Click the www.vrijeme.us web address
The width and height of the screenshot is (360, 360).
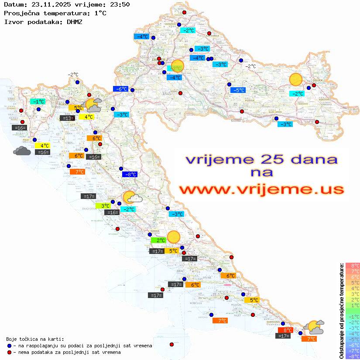click(x=261, y=189)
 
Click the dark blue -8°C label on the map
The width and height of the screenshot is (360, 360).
click(x=130, y=175)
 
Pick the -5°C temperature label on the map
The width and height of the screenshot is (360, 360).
click(x=238, y=90)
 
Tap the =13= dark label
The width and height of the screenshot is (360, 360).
click(x=67, y=118)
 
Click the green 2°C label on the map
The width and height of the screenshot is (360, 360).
click(x=158, y=240)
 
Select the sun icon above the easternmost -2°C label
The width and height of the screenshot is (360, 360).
click(x=296, y=80)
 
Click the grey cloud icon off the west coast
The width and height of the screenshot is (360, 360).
click(x=22, y=151)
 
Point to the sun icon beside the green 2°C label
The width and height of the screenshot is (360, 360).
click(x=174, y=237)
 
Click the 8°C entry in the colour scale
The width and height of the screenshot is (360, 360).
click(x=352, y=265)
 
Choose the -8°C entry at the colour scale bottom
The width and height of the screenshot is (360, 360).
click(x=352, y=356)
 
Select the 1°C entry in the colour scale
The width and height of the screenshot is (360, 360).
click(x=352, y=305)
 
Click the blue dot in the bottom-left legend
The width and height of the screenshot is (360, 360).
click(x=10, y=346)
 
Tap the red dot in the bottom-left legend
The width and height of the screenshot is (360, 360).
click(x=10, y=352)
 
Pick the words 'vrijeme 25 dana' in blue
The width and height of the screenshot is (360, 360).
click(x=261, y=159)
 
